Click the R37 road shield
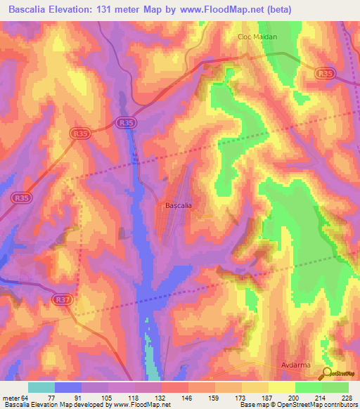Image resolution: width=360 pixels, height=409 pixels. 63,300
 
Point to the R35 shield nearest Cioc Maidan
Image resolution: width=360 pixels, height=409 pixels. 324,72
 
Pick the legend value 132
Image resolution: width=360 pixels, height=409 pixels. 161,397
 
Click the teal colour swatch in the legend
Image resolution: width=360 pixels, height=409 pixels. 41,387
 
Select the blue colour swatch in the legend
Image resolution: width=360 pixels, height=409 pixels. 67,387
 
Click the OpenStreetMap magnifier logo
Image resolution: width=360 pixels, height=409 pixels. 328,374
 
